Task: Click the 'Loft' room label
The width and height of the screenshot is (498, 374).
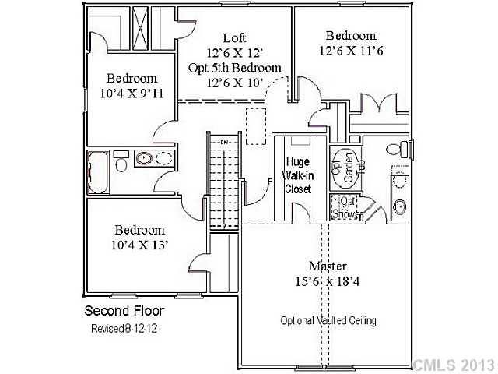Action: (234, 37)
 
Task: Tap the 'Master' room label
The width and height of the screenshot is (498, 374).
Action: (327, 266)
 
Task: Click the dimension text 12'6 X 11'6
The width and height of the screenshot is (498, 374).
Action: (350, 51)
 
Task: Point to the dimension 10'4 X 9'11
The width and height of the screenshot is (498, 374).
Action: (132, 93)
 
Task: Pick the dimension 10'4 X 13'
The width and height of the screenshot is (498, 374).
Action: (140, 245)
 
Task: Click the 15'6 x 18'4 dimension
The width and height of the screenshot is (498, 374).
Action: (328, 281)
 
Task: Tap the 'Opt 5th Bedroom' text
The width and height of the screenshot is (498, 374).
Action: (234, 68)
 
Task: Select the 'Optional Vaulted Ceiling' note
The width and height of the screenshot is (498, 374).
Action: (328, 320)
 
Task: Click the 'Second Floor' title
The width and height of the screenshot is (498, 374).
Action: (124, 311)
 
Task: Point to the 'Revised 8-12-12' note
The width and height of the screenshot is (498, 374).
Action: (124, 329)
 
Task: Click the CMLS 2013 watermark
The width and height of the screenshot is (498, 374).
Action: (453, 364)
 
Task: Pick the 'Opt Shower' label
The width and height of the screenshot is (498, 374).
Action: (343, 207)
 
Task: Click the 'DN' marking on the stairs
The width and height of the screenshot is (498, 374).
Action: (223, 143)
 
